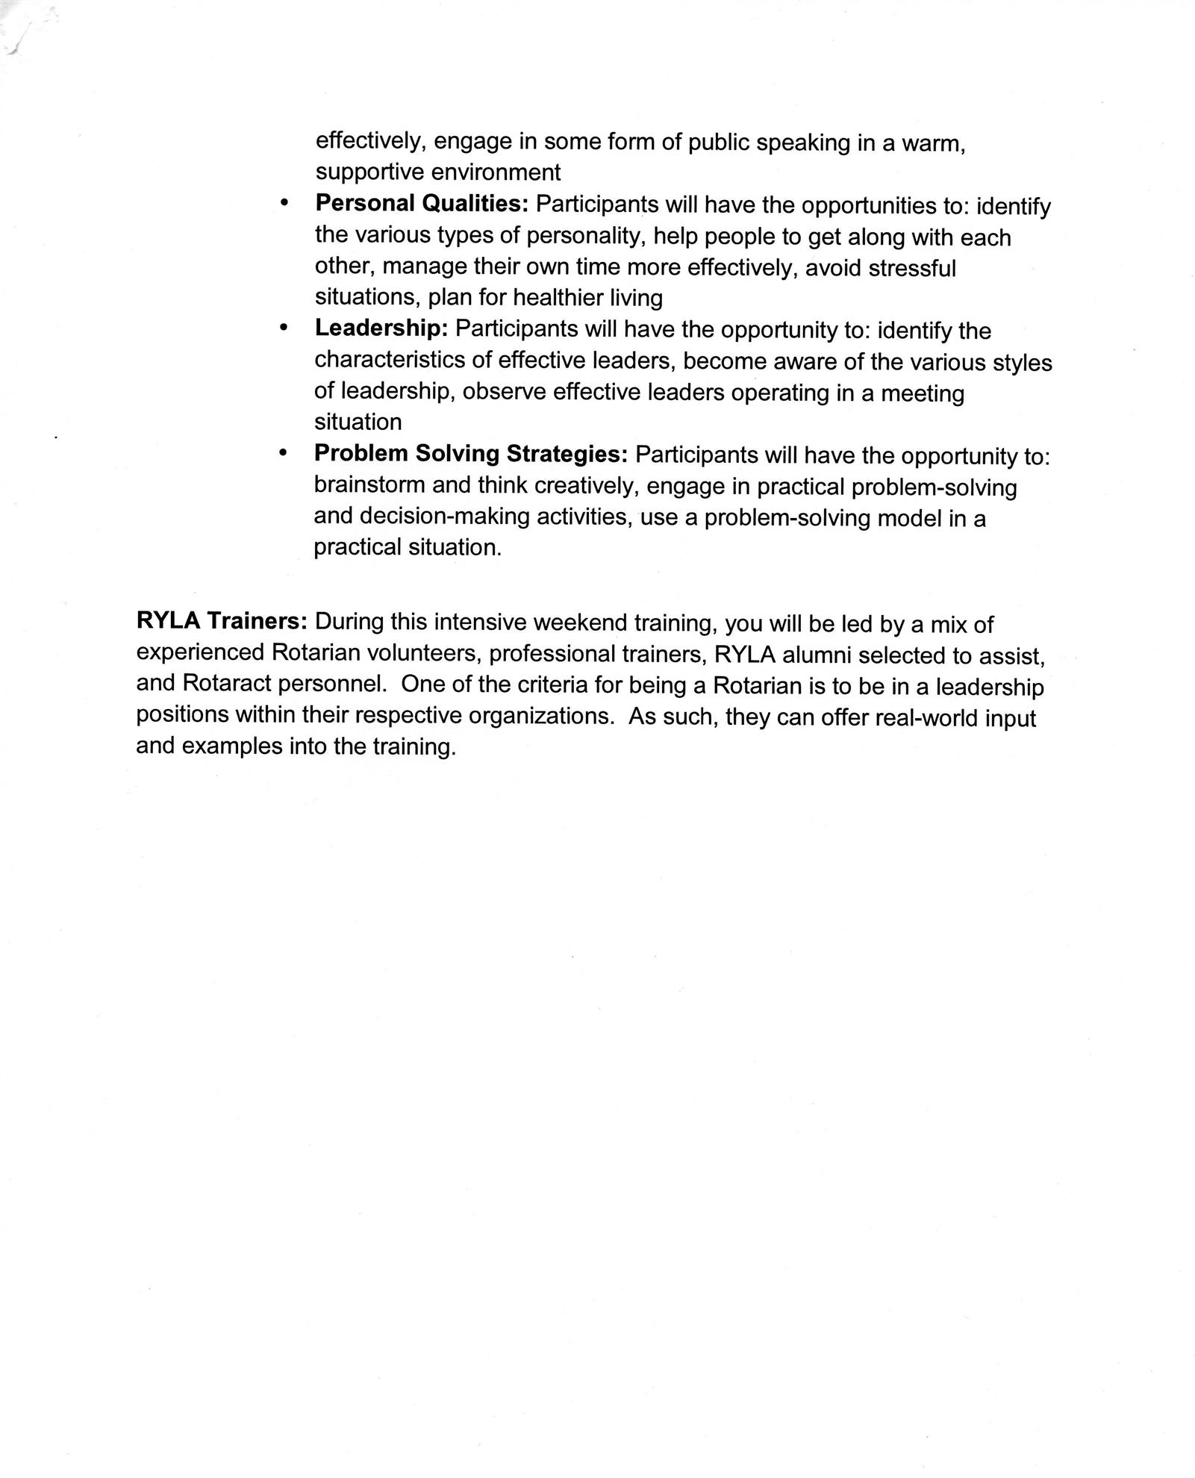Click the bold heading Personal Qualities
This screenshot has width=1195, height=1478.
pyautogui.click(x=422, y=203)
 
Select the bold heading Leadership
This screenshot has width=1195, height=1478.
pyautogui.click(x=381, y=328)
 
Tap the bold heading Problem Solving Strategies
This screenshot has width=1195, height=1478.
pyautogui.click(x=471, y=453)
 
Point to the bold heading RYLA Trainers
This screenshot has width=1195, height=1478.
pyautogui.click(x=222, y=621)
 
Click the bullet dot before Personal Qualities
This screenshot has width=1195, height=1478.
pyautogui.click(x=283, y=204)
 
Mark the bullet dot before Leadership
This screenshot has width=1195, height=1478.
pyautogui.click(x=283, y=328)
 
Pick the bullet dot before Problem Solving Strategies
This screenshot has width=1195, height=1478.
pyautogui.click(x=283, y=454)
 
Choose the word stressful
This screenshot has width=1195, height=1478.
pyautogui.click(x=912, y=267)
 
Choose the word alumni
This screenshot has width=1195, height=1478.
pyautogui.click(x=820, y=655)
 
